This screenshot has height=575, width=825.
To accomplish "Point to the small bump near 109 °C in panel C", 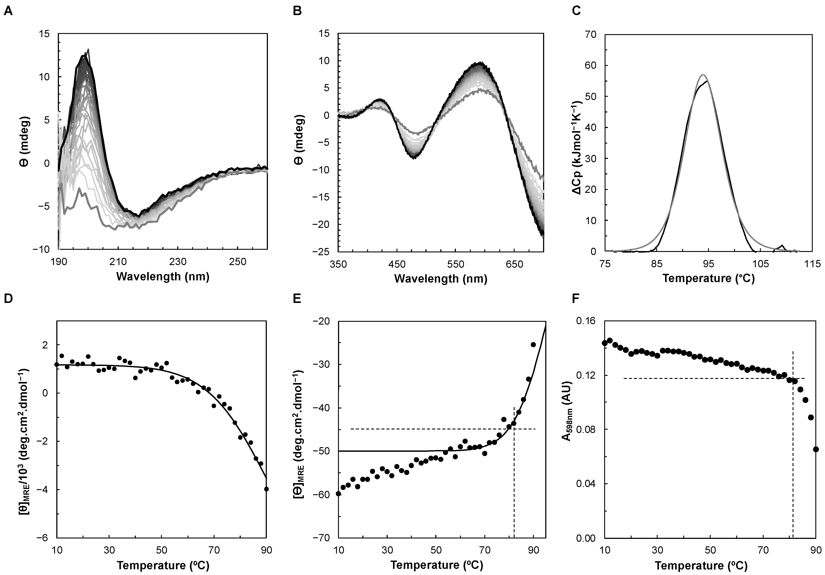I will [x=782, y=246].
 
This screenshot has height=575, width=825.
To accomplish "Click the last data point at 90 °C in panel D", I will [x=266, y=489].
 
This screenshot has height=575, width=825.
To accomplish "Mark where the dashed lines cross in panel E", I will [x=514, y=429].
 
